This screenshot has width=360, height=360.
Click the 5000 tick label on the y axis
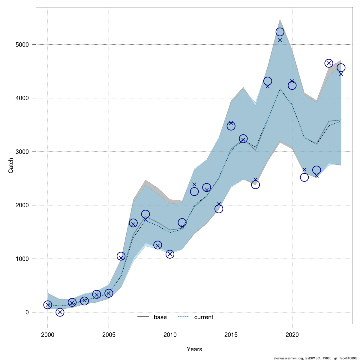point(22,45)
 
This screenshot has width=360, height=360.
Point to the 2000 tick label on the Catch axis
point(22,205)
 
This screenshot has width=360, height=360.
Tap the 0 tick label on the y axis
point(27,312)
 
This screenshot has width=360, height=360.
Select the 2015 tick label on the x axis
point(231,335)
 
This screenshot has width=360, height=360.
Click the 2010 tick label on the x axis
point(170,335)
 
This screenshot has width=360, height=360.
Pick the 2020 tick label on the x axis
point(292,335)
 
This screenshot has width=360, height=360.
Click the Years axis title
point(194,349)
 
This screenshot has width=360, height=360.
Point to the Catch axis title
point(11,166)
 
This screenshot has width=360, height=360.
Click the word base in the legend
point(160,317)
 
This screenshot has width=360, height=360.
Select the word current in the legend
point(204,317)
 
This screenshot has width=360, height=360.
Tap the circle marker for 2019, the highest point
point(280,32)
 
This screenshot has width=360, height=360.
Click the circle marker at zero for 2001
point(60,312)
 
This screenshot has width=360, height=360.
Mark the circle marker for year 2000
point(48,305)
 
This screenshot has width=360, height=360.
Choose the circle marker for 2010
point(170,254)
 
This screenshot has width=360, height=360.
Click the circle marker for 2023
point(329,63)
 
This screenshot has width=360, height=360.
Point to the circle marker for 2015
point(231,126)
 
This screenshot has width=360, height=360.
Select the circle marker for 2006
point(121,256)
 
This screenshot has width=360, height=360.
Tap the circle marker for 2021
point(304,177)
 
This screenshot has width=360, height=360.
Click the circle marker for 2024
point(341,68)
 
